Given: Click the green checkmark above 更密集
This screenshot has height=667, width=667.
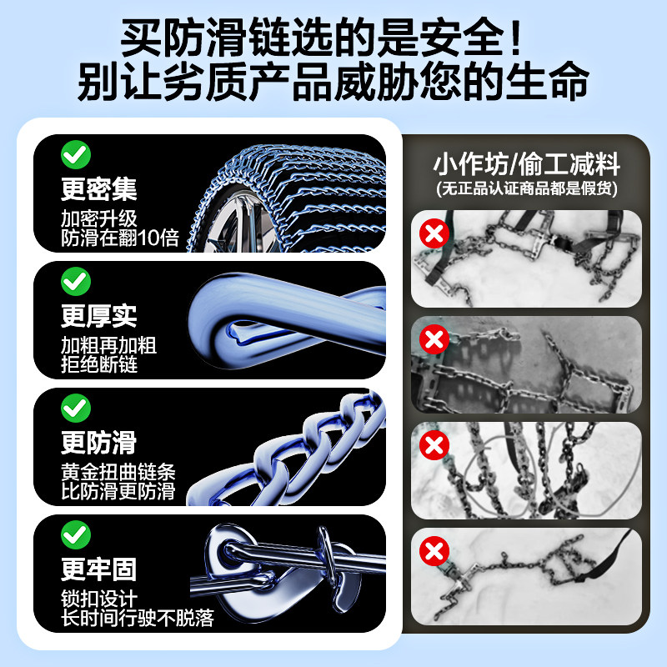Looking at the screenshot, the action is pos(76,154).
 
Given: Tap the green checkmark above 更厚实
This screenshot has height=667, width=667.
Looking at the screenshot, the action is pos(76,282).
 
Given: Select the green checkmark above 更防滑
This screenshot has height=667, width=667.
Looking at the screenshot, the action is pos(76,408).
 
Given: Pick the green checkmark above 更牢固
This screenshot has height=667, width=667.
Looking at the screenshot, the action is pos(76,534).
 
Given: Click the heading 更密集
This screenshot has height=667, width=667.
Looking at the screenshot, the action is pos(98,189).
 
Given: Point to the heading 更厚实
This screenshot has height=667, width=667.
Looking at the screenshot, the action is pos(98,316).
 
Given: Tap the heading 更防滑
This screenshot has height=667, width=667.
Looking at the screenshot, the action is pos(98,442).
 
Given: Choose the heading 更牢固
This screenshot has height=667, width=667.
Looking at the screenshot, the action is pos(98,569).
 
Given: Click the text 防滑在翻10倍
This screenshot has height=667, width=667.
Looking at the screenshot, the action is pos(120,238).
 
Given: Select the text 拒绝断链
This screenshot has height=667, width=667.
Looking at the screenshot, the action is pos(98,364).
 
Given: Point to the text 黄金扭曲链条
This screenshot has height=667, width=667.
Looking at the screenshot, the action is pos(118,471).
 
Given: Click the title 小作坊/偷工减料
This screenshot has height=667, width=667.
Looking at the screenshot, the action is pos(526,162).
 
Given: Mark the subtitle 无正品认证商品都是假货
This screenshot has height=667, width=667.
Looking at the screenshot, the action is pos(526,189).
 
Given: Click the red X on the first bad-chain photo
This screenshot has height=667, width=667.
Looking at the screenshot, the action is pos(434,234).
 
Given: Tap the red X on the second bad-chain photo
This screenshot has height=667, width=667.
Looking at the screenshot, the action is pos(434,339).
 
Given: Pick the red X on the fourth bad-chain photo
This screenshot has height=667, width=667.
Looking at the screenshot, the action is pos(434,551).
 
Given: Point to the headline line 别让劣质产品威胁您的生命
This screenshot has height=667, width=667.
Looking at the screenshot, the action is pos(333,83).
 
